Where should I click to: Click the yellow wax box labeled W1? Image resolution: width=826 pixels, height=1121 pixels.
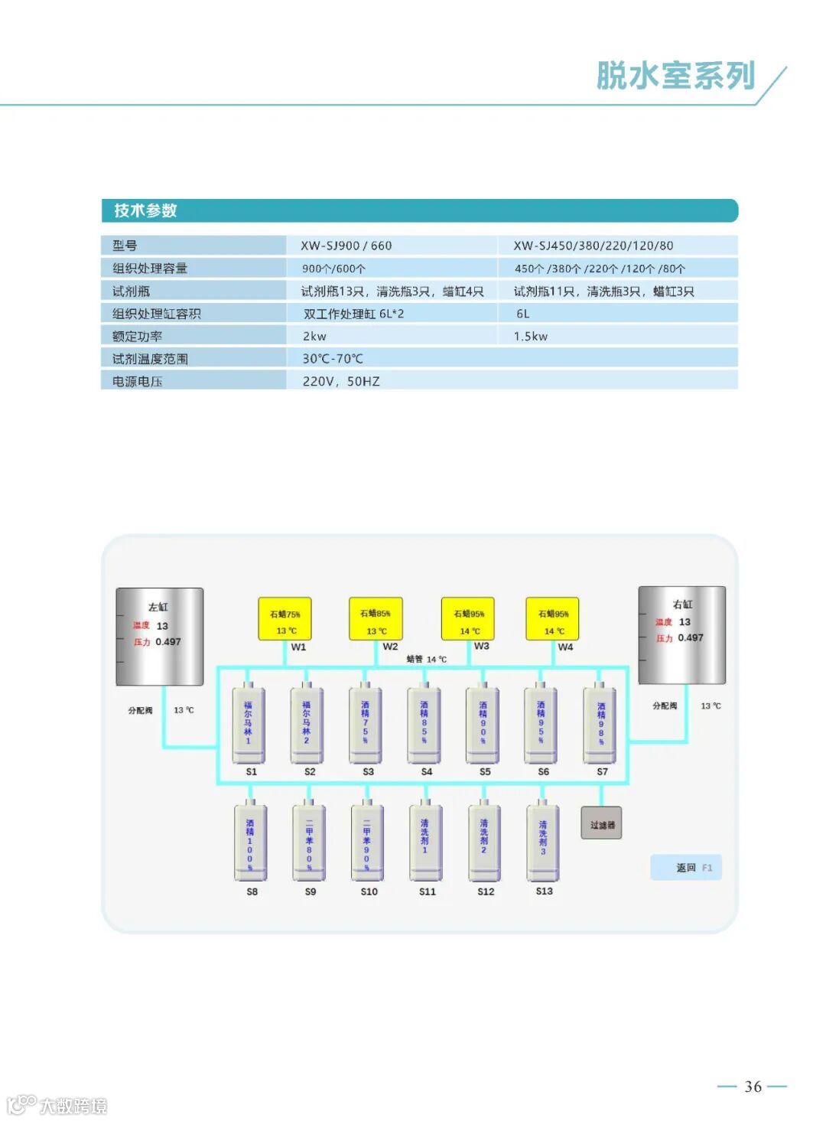pos(285,619)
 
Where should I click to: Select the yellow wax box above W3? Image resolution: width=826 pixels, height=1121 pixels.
pos(468,619)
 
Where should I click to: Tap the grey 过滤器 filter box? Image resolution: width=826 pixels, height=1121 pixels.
pos(601,823)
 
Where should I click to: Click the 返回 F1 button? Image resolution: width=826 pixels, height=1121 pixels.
pos(686,868)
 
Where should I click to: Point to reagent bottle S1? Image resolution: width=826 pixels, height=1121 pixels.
pos(249,724)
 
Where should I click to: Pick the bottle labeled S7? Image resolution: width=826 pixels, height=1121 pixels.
pos(600,724)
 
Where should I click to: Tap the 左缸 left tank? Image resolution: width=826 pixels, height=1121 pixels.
pos(159,636)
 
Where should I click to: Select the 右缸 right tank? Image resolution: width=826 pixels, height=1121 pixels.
pos(681,634)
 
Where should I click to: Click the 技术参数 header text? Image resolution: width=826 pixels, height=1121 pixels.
pos(145,210)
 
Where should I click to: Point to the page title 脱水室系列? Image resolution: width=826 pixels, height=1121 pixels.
pos(675,76)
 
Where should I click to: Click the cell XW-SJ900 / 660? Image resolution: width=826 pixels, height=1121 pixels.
pos(346,246)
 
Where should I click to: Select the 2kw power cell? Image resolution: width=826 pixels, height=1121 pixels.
pos(314,336)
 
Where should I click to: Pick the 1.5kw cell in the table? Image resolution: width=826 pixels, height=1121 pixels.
pos(530,336)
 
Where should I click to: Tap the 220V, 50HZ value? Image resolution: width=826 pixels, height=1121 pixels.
pos(340,381)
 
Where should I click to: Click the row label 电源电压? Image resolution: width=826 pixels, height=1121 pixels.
pos(137,381)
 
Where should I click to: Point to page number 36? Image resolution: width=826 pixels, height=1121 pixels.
pos(753,1087)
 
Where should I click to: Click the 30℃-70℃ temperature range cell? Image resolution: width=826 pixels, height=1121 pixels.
pos(333,358)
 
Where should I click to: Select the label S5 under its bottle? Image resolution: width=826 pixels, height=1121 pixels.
pos(485,772)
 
